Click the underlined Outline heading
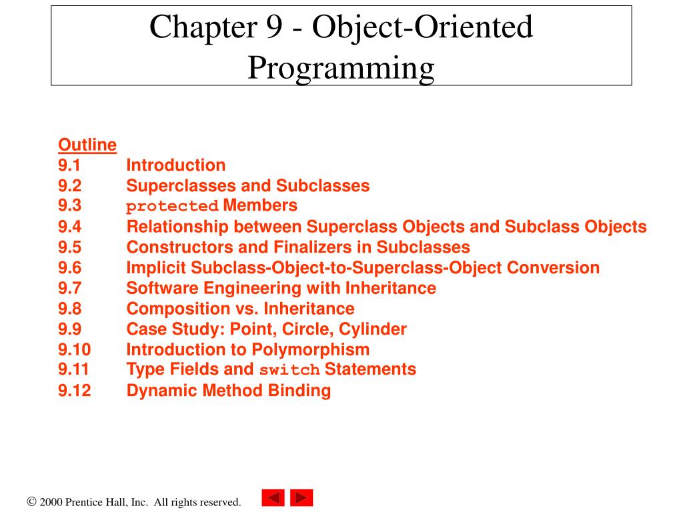coord(87,145)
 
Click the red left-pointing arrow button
coord(273,498)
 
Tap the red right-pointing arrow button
coord(301,498)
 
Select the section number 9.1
coord(69,165)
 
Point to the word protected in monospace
coord(173,206)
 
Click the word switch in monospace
coord(289,370)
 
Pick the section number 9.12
coord(74,391)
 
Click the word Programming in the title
coord(341,67)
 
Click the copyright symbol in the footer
coord(31,502)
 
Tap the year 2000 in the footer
coord(51,502)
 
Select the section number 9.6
coord(69,268)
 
